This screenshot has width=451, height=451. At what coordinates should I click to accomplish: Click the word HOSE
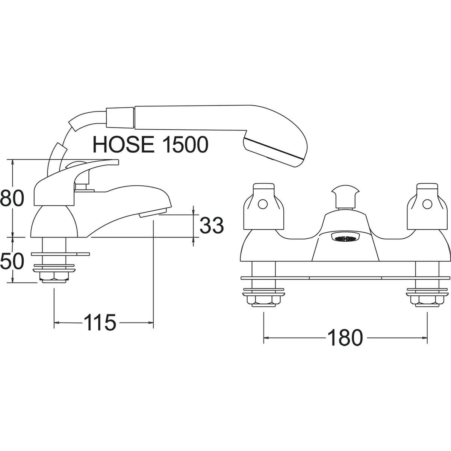pos(124,144)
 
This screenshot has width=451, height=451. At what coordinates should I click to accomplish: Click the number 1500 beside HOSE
pos(185,144)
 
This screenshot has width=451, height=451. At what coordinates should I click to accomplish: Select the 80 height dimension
pos(12,198)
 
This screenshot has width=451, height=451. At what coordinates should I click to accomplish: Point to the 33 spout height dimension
pos(212,225)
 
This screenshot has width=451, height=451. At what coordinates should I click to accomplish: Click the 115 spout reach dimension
pos(100,322)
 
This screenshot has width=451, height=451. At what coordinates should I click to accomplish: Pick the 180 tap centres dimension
pos(345,338)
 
